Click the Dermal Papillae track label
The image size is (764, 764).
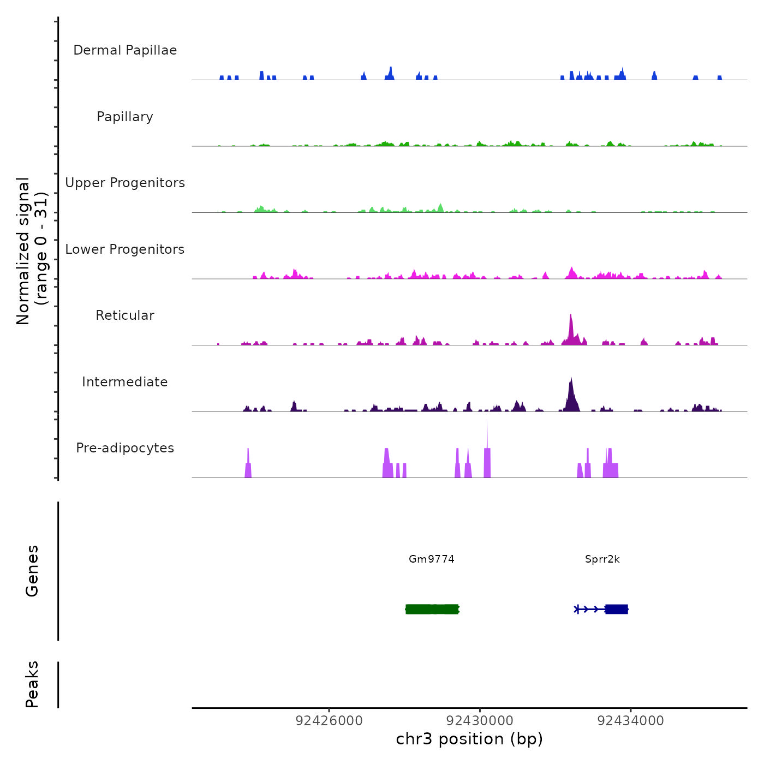pyautogui.click(x=125, y=50)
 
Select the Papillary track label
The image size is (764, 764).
pyautogui.click(x=125, y=117)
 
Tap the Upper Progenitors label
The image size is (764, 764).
pyautogui.click(x=125, y=183)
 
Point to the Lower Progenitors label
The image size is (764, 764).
pyautogui.click(x=125, y=249)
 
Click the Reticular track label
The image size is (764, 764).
pyautogui.click(x=125, y=315)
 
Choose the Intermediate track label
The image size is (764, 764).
pyautogui.click(x=125, y=382)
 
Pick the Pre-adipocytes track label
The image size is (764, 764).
pyautogui.click(x=125, y=448)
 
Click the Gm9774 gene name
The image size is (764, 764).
pyautogui.click(x=432, y=559)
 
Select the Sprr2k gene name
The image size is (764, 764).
pyautogui.click(x=602, y=559)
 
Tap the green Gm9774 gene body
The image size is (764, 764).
pyautogui.click(x=432, y=609)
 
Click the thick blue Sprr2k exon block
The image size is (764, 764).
pyautogui.click(x=617, y=609)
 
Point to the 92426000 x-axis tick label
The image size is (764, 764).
pyautogui.click(x=329, y=721)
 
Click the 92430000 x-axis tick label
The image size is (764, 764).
pyautogui.click(x=480, y=721)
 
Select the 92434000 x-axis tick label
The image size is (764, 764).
pyautogui.click(x=631, y=721)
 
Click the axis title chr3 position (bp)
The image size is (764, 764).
pyautogui.click(x=469, y=739)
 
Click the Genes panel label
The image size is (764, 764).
pyautogui.click(x=32, y=571)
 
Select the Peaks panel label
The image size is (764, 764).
pyautogui.click(x=32, y=684)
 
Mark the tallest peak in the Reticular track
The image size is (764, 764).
pyautogui.click(x=571, y=317)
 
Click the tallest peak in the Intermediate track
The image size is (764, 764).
pyautogui.click(x=571, y=380)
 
